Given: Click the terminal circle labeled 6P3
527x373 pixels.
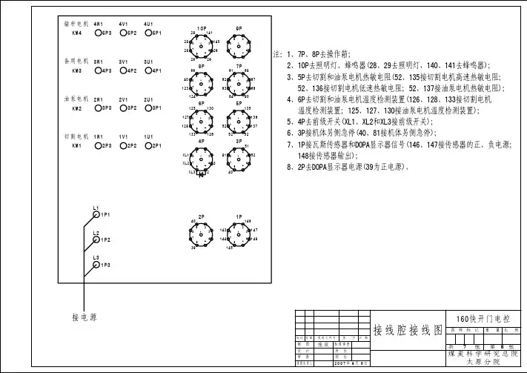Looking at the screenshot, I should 99,33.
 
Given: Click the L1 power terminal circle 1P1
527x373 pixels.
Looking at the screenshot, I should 95,214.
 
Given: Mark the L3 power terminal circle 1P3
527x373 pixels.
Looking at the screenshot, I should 95,265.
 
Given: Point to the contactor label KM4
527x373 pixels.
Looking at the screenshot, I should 76,33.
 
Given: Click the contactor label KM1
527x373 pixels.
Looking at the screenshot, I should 76,146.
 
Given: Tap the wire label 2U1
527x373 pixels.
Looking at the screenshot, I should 148,99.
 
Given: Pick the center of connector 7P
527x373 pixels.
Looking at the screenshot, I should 239,83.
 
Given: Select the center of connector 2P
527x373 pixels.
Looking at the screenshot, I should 202,236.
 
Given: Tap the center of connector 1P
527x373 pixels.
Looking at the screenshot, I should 239,236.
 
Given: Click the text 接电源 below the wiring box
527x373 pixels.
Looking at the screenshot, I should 84,317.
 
